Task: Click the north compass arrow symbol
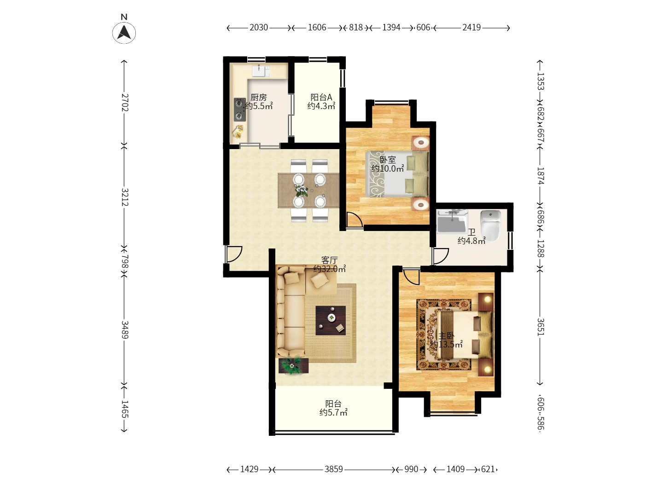(x=124, y=33)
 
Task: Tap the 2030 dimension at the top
(x=259, y=28)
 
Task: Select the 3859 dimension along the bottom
(x=333, y=469)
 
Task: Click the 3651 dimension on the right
(x=541, y=327)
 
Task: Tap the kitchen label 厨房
(x=259, y=97)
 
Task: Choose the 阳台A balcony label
(x=321, y=97)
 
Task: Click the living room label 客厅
(x=329, y=260)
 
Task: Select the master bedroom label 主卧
(x=446, y=336)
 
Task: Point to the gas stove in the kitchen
(x=240, y=109)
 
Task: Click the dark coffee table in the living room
(x=331, y=320)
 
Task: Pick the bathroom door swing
(x=441, y=256)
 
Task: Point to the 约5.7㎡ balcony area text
(x=333, y=412)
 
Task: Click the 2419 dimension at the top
(x=471, y=28)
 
